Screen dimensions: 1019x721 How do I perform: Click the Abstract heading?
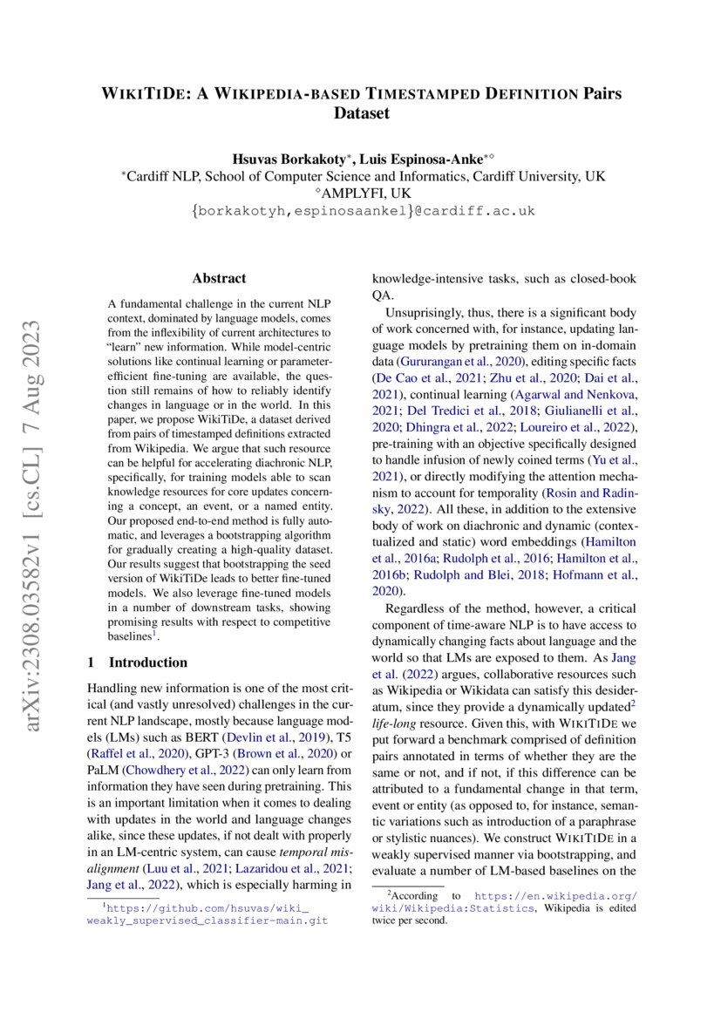[x=219, y=279]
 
